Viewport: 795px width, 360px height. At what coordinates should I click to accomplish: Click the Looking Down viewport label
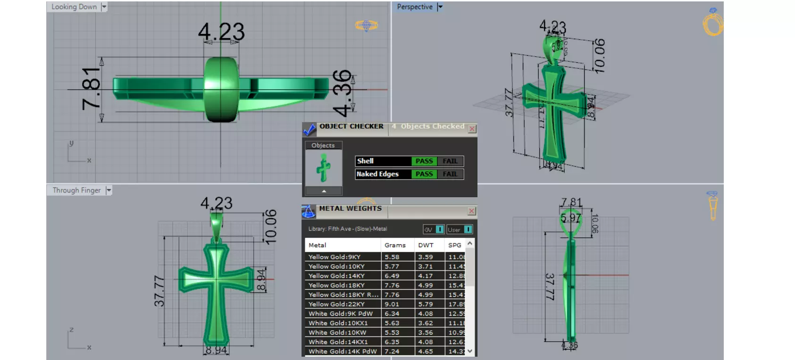[x=74, y=7]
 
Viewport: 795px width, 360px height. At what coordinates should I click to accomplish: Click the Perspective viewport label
[x=414, y=7]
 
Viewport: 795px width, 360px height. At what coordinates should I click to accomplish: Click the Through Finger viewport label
[x=76, y=190]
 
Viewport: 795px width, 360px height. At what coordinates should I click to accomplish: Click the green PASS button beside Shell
[x=424, y=161]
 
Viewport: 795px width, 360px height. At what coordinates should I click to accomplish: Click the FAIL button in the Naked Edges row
[x=450, y=174]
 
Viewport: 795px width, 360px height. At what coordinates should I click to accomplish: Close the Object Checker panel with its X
[x=472, y=129]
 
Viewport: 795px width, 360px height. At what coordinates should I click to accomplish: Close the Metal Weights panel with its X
[x=472, y=211]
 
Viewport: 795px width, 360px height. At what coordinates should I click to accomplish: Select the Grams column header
[x=395, y=245]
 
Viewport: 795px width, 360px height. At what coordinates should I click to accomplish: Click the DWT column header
[x=426, y=245]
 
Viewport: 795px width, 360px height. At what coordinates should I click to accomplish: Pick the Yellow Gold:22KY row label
[x=336, y=304]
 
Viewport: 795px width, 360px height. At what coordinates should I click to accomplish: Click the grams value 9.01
[x=392, y=304]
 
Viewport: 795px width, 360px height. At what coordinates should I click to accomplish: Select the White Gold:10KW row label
[x=337, y=333]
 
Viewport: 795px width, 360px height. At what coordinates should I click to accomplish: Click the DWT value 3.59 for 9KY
[x=425, y=257]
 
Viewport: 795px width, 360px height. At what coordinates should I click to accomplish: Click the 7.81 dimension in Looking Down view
[x=91, y=88]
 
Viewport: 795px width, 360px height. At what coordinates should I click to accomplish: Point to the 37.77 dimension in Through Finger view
[x=159, y=291]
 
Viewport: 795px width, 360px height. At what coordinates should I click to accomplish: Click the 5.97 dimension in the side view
[x=570, y=218]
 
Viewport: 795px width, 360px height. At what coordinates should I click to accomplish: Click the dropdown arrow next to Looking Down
[x=104, y=7]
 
